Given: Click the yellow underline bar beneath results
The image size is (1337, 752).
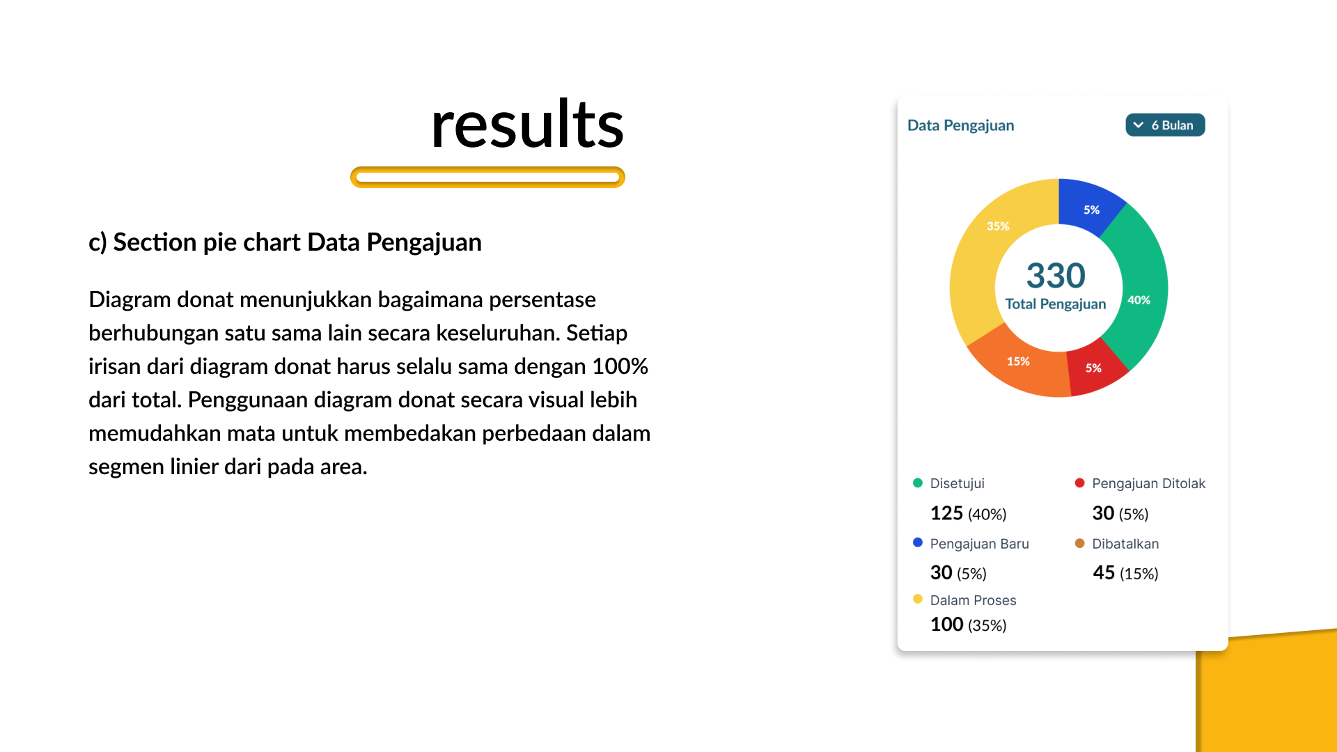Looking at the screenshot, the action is point(487,177).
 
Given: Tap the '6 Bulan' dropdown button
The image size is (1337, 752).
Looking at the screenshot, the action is point(1165,125).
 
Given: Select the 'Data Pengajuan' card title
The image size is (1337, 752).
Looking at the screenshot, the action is point(960,125).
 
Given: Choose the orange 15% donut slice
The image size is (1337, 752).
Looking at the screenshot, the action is point(1019,362).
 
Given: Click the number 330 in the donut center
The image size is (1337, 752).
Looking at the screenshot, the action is point(1056,275).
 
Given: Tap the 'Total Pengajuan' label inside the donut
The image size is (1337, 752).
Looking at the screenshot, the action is point(1056,304).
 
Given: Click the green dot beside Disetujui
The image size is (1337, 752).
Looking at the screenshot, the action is point(918,483).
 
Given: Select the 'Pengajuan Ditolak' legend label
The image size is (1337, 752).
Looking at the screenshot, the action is point(1148,483).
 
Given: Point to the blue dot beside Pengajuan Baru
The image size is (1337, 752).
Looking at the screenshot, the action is point(918,542).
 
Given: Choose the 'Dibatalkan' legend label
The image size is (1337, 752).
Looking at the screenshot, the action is point(1125,544).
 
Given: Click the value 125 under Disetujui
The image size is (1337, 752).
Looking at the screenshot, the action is point(946,513).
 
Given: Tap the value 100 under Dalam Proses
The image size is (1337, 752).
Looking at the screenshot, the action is point(947,624).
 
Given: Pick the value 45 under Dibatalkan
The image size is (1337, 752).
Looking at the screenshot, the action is point(1104,572).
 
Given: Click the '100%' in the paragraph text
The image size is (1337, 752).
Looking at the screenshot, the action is point(620,366).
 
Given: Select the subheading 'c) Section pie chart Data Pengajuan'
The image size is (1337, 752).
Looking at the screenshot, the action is point(285,242).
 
